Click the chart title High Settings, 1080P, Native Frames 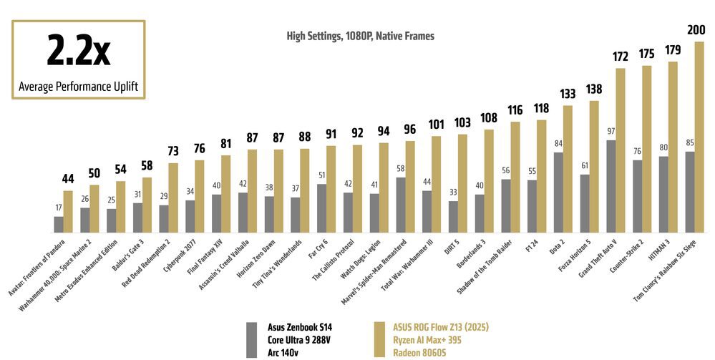pyautogui.click(x=360, y=35)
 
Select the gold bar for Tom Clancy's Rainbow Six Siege pyautogui.click(x=699, y=136)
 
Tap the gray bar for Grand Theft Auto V pyautogui.click(x=611, y=185)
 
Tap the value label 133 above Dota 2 pyautogui.click(x=568, y=94)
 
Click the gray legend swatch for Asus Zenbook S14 pyautogui.click(x=251, y=339)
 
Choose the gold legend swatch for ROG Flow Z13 pyautogui.click(x=381, y=339)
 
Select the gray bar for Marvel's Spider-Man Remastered pyautogui.click(x=400, y=203)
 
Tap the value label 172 pyautogui.click(x=621, y=56)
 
